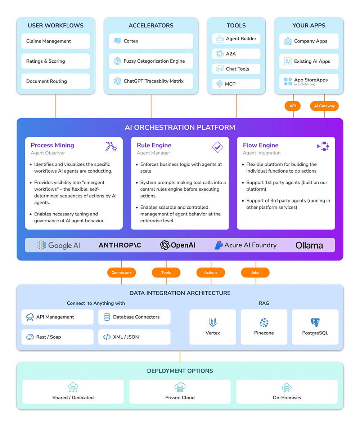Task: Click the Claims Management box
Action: pos(55,41)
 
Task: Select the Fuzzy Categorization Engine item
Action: pos(151,61)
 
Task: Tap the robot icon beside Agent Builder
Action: pos(220,39)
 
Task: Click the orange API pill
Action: pos(293,106)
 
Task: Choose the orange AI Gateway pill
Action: pos(324,106)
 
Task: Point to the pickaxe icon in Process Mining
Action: pos(111,146)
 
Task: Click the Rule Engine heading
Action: pos(154,145)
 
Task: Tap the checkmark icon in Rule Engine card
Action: pos(217,147)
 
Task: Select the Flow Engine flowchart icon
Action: pos(323,146)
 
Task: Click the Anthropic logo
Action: pos(120,245)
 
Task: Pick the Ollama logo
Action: pos(309,245)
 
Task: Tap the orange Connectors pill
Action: pos(122,272)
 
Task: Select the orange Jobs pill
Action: pos(255,272)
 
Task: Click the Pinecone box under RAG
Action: pos(264,326)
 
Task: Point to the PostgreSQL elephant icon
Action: pos(315,322)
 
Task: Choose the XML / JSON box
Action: pos(134,337)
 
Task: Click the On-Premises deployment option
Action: pos(287,391)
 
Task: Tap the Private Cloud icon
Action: pos(180,387)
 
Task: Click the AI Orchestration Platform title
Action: pos(180,127)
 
